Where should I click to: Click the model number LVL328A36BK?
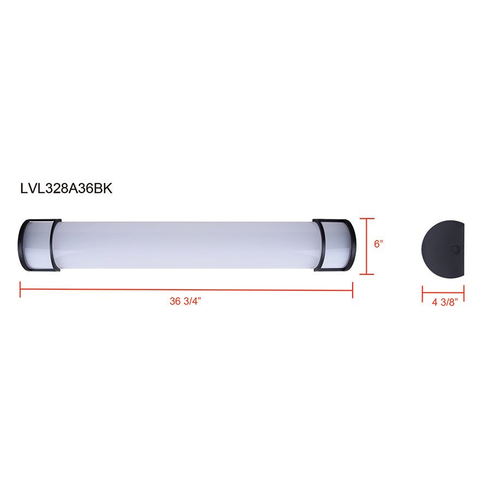[x=66, y=189]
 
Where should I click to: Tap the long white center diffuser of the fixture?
[x=186, y=245]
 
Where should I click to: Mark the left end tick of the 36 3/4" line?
[x=20, y=289]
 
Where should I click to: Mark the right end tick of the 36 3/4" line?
[x=353, y=289]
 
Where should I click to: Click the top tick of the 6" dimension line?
[x=367, y=219]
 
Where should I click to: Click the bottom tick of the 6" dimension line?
[x=367, y=274]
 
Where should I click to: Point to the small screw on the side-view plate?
[x=455, y=249]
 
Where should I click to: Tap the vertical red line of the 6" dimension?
[x=367, y=246]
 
